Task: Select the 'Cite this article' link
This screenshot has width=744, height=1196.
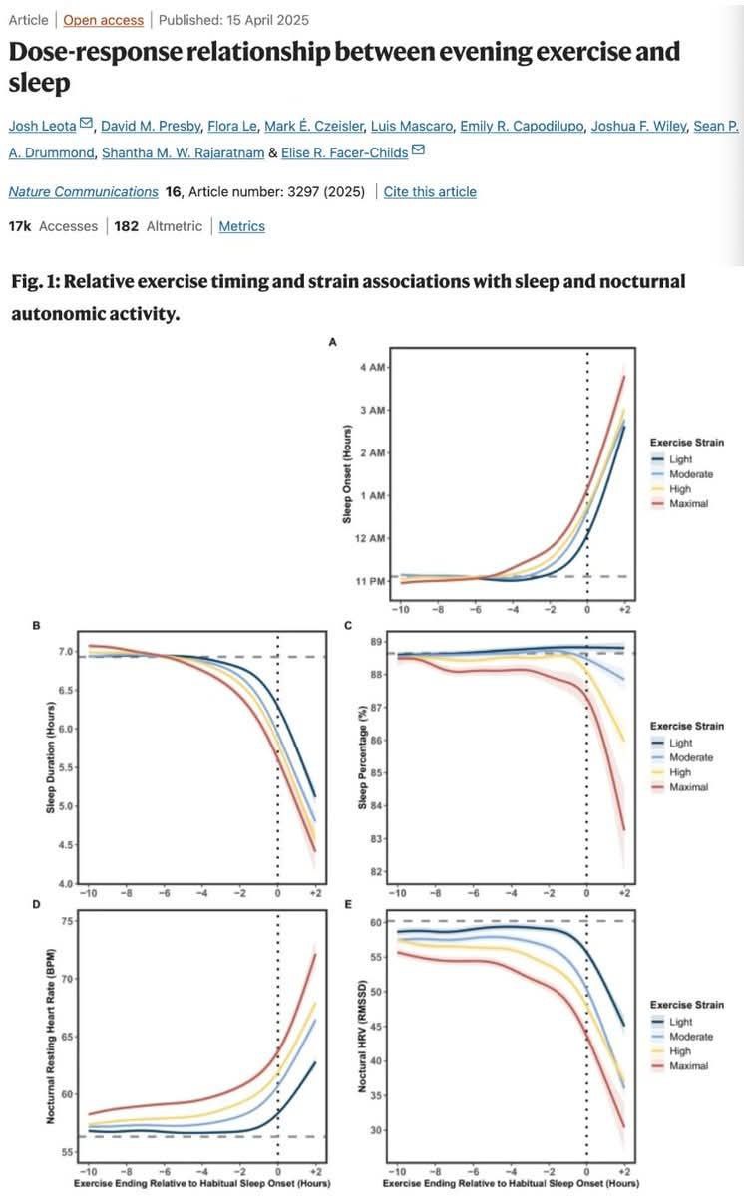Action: tap(430, 191)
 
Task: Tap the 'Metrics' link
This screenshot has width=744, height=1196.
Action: tap(242, 226)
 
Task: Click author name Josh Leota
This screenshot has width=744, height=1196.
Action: tap(43, 125)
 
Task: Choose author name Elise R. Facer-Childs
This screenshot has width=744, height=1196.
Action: tap(342, 150)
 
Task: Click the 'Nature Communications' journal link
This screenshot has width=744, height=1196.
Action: tap(83, 191)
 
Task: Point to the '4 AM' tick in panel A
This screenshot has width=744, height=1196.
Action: tap(371, 368)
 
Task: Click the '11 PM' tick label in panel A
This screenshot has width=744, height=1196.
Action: tap(371, 581)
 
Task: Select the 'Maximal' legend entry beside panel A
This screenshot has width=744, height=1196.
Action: tap(689, 504)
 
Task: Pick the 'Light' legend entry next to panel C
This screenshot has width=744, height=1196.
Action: tap(680, 742)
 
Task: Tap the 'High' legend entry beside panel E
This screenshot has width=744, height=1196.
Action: tap(679, 1051)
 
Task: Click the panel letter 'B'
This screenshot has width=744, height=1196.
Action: tap(36, 626)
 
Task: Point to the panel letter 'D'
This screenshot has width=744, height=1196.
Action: tap(36, 904)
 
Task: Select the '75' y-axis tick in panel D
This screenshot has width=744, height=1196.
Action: tap(66, 923)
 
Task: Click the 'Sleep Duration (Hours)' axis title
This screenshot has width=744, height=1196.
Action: tap(50, 758)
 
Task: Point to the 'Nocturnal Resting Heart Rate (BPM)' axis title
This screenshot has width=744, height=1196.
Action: tap(50, 1037)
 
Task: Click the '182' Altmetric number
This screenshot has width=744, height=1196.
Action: tap(126, 226)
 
